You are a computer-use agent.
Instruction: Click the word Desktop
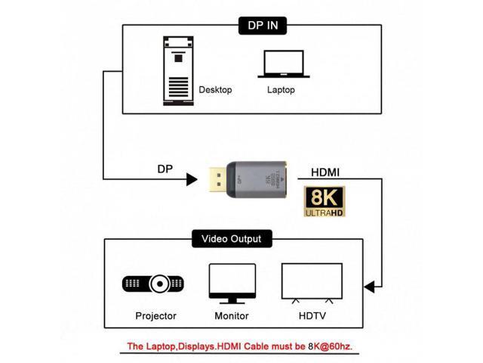[x=215, y=90]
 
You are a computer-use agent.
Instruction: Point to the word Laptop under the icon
[x=281, y=90]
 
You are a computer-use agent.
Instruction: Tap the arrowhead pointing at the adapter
[x=191, y=179]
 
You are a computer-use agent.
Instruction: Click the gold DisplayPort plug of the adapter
[x=216, y=180]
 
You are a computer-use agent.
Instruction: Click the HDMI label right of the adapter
[x=325, y=172]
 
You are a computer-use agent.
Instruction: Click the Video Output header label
[x=231, y=239]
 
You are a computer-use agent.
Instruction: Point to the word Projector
[x=156, y=315]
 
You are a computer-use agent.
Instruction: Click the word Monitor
[x=232, y=315]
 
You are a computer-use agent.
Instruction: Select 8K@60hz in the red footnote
[x=325, y=346]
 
